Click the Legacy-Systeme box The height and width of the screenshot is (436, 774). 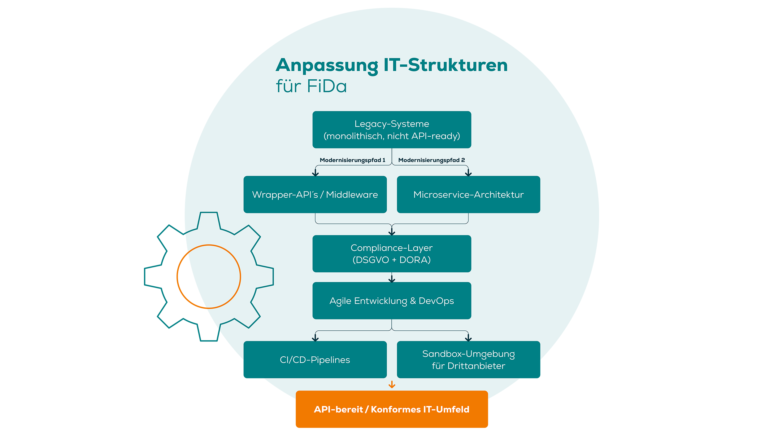click(392, 130)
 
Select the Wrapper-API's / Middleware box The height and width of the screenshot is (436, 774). click(315, 194)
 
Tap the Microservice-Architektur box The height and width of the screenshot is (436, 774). click(468, 194)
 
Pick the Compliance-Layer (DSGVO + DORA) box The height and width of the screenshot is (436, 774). click(392, 253)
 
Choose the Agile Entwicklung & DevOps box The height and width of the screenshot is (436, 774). click(392, 301)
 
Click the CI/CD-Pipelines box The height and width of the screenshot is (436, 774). click(315, 359)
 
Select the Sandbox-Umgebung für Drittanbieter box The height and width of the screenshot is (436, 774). click(468, 359)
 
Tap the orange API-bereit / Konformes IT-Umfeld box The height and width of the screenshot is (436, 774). click(392, 409)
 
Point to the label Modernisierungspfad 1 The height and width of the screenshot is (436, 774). click(352, 160)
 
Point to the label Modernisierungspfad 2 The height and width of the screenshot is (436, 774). click(431, 160)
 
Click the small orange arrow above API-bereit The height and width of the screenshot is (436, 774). click(392, 385)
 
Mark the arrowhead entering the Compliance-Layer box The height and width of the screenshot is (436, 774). click(392, 232)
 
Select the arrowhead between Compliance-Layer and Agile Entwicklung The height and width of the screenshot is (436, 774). click(392, 280)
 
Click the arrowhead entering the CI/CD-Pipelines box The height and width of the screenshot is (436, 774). click(315, 338)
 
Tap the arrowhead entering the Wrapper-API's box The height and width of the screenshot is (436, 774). click(315, 173)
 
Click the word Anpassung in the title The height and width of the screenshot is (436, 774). click(327, 65)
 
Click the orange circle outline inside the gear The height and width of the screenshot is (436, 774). click(240, 277)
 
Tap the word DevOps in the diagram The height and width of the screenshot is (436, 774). click(436, 301)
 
